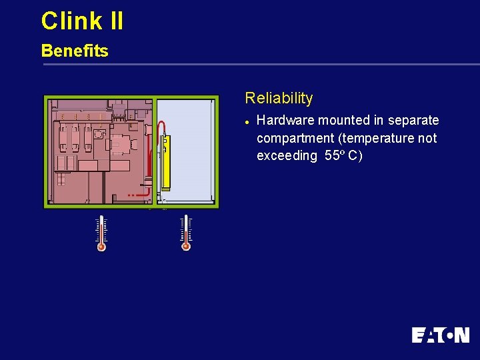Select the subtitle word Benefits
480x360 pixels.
tap(75, 51)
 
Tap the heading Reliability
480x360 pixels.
tap(279, 98)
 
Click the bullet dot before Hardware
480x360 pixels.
tap(247, 121)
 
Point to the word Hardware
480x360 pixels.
tap(285, 121)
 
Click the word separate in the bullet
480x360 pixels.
tap(414, 121)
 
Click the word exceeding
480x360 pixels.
tap(287, 156)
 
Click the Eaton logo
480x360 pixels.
tap(440, 334)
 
